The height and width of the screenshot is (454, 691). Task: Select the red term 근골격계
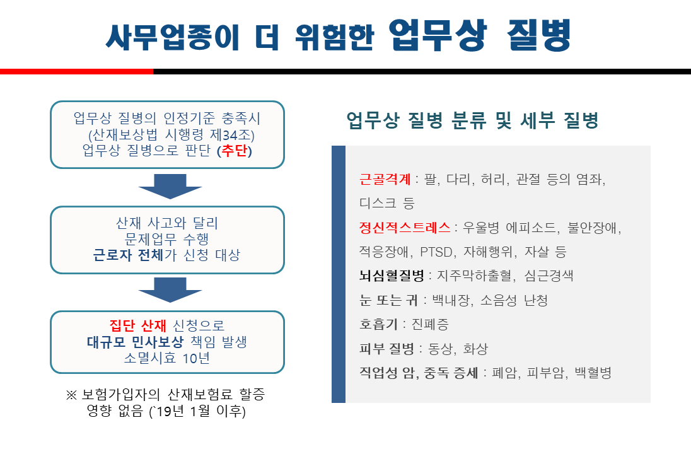[x=385, y=179]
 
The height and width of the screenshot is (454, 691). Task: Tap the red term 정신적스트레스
[x=405, y=227]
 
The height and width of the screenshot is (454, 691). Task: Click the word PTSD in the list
[x=437, y=252]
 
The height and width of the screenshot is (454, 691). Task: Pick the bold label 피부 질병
[x=386, y=349]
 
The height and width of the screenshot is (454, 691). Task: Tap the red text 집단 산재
[x=137, y=326]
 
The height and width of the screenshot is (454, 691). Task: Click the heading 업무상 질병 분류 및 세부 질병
[x=472, y=120]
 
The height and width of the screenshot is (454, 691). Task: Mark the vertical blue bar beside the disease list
[x=339, y=274]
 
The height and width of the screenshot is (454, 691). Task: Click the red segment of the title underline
[x=76, y=72]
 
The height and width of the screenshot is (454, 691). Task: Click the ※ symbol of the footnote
[x=72, y=396]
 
